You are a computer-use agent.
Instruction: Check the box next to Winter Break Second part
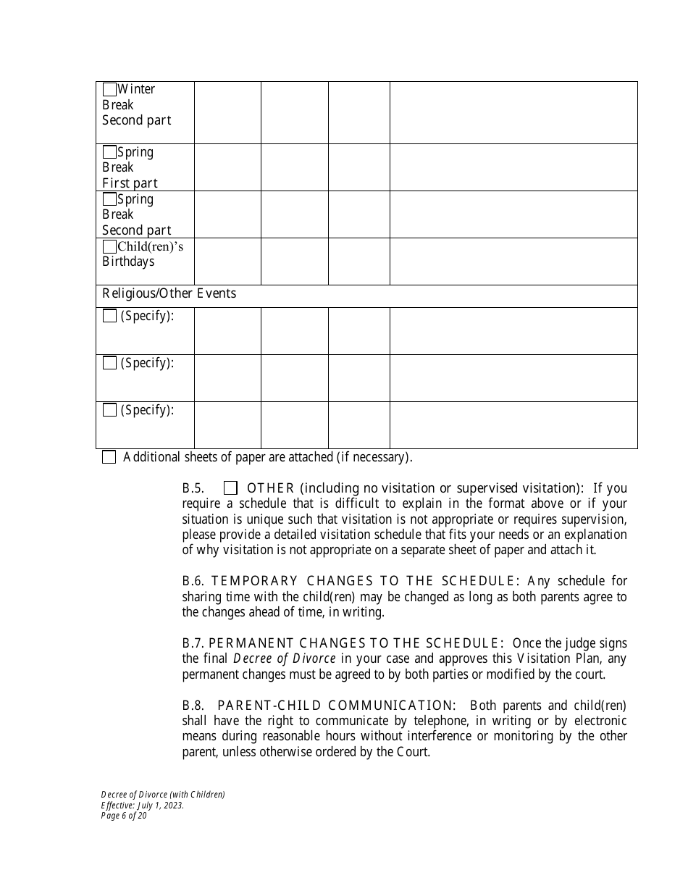tap(109, 90)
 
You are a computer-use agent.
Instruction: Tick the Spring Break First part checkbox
tap(109, 152)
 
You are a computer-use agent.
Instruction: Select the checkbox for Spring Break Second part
tap(109, 199)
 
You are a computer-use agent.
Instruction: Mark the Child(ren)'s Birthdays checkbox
tap(109, 247)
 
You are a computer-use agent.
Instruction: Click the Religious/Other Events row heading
tap(169, 294)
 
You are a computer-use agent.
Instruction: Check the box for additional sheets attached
tap(109, 457)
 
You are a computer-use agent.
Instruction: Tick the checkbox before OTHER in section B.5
tap(230, 488)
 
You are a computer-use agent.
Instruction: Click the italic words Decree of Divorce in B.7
tap(284, 659)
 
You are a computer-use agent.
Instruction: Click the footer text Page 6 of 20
tap(124, 815)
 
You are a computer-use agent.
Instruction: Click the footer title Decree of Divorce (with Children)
tap(163, 795)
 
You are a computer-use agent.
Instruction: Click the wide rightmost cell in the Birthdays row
tap(513, 262)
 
